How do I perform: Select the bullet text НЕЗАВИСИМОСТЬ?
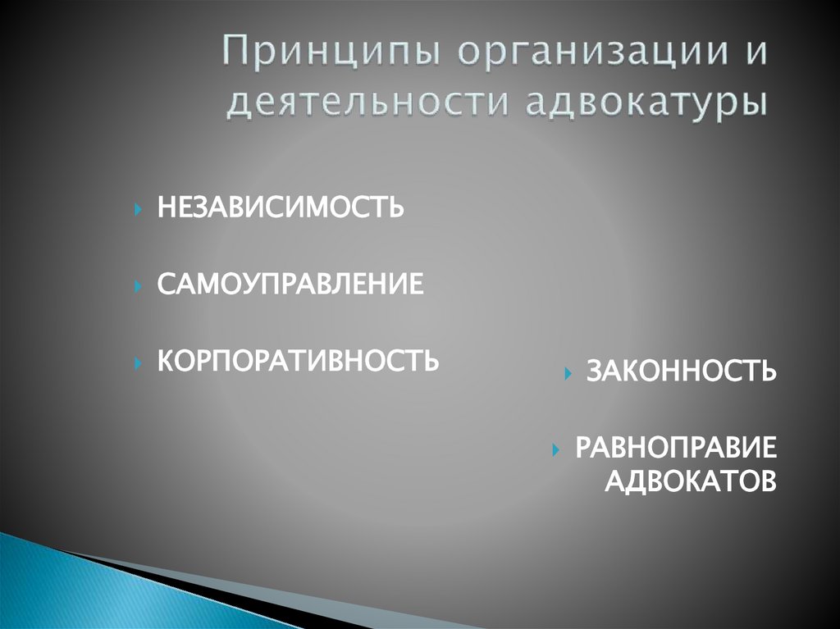281,207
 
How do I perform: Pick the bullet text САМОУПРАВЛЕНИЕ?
291,285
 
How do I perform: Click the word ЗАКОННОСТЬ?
681,371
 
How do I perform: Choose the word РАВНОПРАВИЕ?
674,449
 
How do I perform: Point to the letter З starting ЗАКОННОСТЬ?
593,371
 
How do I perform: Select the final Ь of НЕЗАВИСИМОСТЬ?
395,207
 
